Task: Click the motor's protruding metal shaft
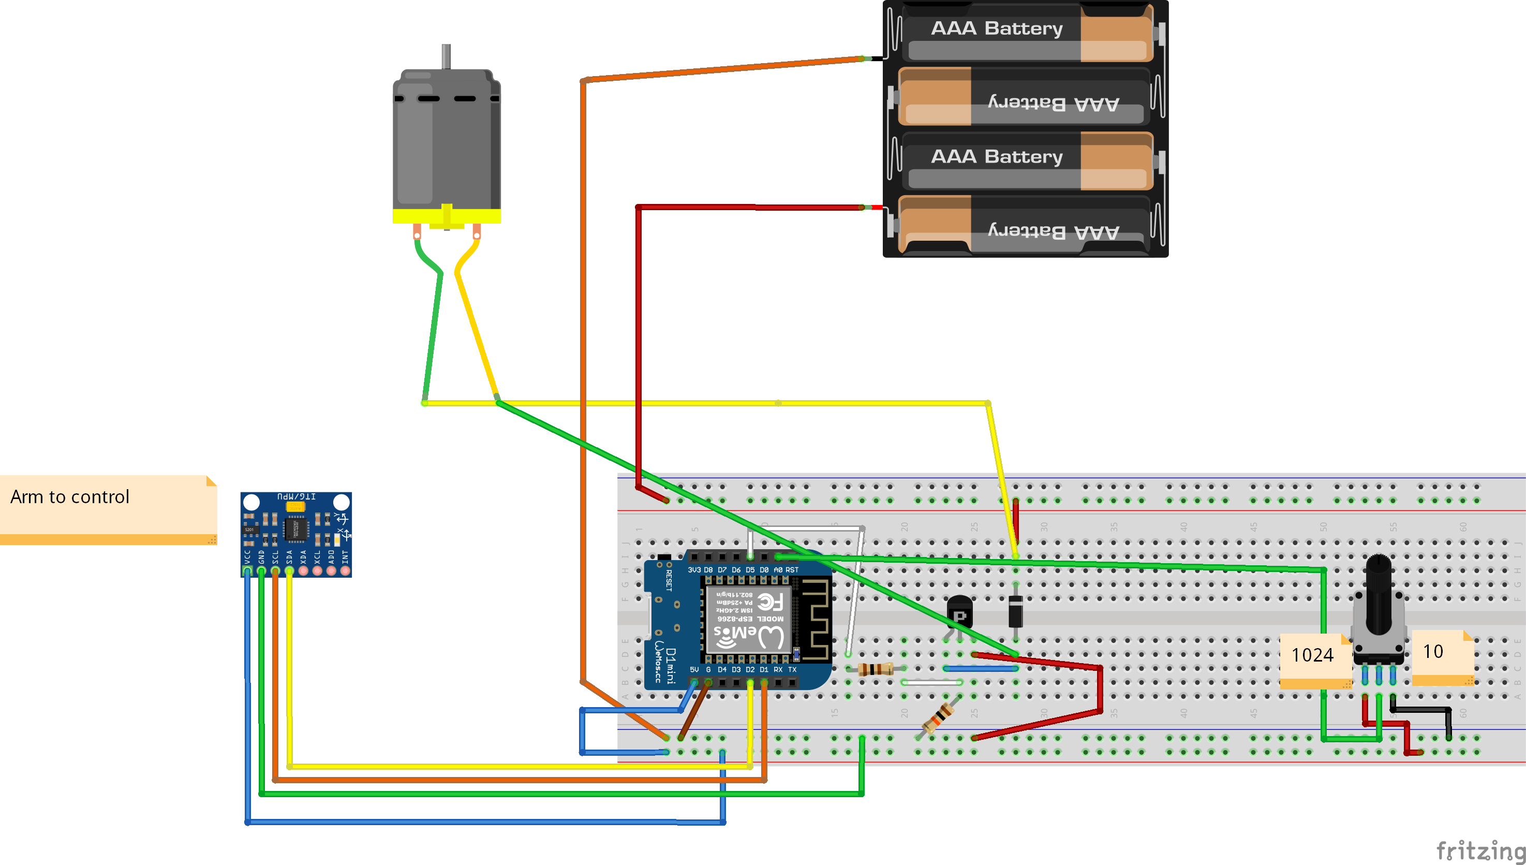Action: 446,56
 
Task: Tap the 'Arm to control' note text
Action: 70,496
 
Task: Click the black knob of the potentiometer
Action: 1378,594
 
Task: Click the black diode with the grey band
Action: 1015,611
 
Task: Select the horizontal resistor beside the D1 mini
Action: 876,669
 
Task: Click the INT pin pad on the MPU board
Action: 345,571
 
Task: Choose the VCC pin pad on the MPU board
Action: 247,571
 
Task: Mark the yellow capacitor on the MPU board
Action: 295,506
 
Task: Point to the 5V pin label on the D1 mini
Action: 694,669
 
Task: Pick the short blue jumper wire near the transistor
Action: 980,669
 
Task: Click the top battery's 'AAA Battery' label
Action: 996,28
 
